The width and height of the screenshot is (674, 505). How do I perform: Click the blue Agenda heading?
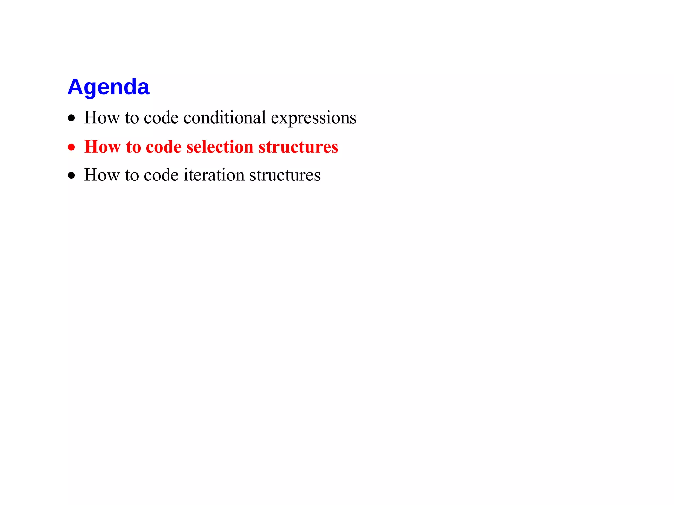[109, 87]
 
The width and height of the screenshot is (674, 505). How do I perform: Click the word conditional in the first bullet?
[224, 118]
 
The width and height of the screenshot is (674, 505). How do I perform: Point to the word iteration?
[214, 175]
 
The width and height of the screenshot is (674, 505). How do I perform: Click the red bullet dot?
[71, 147]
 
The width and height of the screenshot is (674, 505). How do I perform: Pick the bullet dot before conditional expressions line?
[71, 118]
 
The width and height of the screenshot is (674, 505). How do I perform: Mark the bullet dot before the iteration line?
[71, 175]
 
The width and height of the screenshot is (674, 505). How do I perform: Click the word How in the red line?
[102, 147]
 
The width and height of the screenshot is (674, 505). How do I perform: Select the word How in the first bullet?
[102, 118]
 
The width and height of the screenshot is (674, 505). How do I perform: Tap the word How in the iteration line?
[102, 175]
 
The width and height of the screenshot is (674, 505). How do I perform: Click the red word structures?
[298, 147]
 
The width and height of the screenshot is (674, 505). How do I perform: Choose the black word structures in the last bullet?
[285, 175]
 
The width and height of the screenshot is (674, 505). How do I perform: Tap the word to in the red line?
[133, 147]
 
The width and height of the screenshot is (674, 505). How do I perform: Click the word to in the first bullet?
[132, 118]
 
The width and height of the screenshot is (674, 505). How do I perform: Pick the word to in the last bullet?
[132, 175]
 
